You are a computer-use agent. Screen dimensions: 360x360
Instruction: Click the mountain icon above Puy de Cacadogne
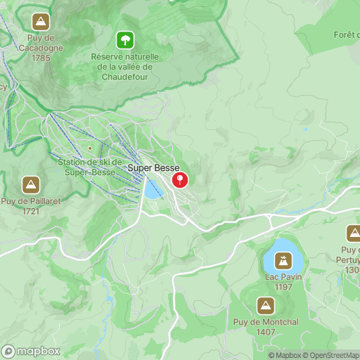pos(41,22)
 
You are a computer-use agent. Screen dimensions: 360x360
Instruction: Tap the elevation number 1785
pos(41,58)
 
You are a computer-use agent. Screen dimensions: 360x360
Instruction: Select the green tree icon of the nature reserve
pos(125,39)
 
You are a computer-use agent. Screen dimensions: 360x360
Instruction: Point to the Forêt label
pos(347,34)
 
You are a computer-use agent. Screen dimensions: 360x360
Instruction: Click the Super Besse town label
pos(153,168)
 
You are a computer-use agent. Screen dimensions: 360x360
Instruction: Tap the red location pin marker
pos(181,180)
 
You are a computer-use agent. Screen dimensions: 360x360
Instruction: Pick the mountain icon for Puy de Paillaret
pos(30,185)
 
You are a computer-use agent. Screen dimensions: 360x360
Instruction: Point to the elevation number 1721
pos(30,210)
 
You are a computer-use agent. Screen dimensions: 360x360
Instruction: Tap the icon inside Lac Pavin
pos(283,262)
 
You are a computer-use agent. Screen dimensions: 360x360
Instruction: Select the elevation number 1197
pos(283,287)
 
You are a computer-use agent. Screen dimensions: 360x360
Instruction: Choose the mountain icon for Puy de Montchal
pos(265,305)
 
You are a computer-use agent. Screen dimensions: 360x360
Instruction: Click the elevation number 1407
pos(265,332)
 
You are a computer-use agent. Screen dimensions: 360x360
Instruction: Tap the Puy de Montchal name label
pos(265,323)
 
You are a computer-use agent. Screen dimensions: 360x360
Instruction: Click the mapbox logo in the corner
pos(30,350)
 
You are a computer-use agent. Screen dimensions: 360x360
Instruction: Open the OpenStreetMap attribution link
pos(331,355)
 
